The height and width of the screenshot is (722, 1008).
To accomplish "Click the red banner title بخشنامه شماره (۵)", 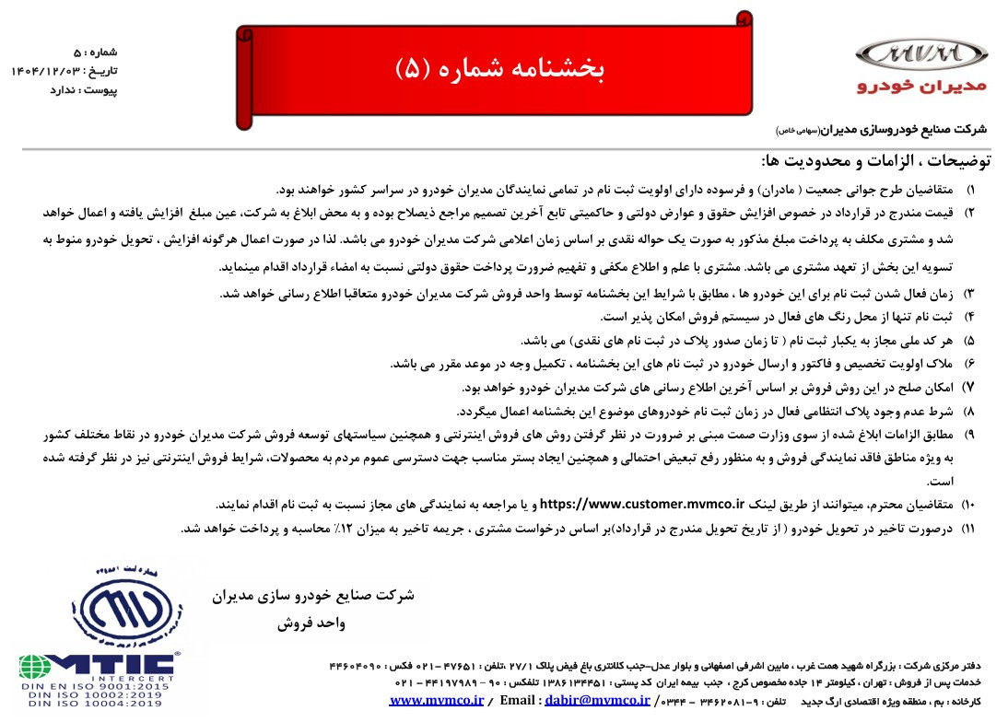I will click(498, 70).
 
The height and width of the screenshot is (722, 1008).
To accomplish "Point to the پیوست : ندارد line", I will click(84, 89).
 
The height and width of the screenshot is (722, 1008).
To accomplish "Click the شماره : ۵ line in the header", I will click(96, 52).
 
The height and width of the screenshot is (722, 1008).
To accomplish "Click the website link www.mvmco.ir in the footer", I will click(437, 701).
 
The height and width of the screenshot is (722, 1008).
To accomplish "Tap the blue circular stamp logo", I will click(127, 603).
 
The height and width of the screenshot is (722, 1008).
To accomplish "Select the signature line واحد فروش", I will click(311, 623).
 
